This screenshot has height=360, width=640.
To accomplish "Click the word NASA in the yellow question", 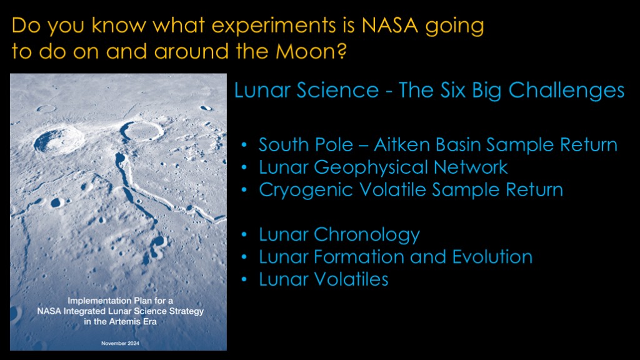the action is coord(390,25).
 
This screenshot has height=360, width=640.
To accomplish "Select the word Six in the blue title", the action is coord(452,90).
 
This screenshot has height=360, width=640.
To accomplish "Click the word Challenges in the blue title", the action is coord(566,91).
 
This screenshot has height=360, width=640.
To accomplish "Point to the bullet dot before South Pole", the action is coord(244,145).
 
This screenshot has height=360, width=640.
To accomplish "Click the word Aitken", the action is coord(401,144).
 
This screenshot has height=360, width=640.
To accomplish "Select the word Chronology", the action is coord(366,235).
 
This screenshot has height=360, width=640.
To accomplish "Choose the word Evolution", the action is coord(492,257).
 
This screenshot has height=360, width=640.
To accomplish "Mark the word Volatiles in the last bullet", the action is coord(351,279).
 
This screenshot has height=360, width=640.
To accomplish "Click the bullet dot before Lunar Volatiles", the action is coord(244,279).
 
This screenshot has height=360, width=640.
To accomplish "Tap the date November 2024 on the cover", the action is coord(120,343).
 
